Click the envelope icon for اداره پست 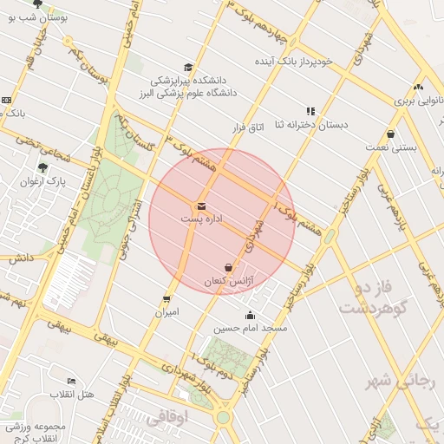coord(201,206)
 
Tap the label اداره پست coord(201,220)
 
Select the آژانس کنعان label coord(226,282)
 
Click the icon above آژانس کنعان coord(228,268)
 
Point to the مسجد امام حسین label coord(251,330)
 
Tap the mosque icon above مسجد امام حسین coord(251,316)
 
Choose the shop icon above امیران coord(166,299)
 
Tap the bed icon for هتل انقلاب coord(71,382)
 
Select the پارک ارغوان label coord(43,181)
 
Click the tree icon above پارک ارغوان coord(42,167)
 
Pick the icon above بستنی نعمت coord(391,134)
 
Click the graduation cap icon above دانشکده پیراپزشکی coord(188,68)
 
